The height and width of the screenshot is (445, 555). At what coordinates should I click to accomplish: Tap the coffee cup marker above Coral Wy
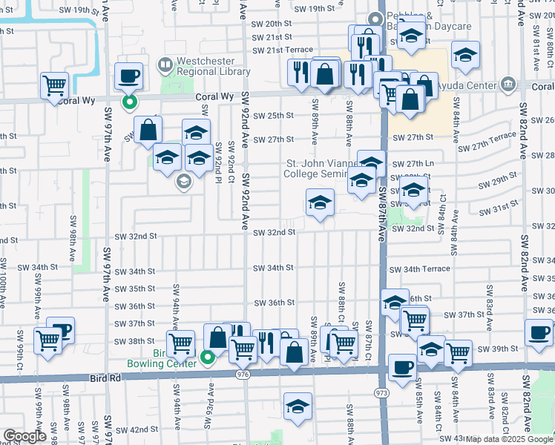coord(129,76)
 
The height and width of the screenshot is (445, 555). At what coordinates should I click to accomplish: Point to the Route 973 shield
coord(382,391)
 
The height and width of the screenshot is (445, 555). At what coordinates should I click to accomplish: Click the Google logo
coord(24,436)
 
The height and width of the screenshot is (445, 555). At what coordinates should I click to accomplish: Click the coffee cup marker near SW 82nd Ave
coord(539,333)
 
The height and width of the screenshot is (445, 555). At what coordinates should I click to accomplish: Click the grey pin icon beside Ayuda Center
coord(508,83)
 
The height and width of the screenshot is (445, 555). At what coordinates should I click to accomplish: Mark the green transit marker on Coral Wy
coord(129,102)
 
